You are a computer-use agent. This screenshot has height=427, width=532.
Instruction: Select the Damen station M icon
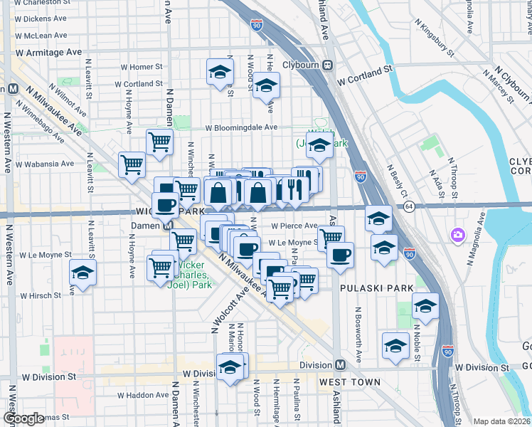[169, 226]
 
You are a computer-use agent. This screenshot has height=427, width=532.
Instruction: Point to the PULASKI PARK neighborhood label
[366, 288]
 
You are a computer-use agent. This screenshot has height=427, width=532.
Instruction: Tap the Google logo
[23, 418]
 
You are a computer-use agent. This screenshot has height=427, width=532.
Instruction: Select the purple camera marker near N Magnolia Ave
[457, 234]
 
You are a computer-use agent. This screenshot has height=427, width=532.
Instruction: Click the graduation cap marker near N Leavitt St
[83, 273]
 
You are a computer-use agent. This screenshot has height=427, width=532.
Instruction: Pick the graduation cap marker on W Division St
[230, 367]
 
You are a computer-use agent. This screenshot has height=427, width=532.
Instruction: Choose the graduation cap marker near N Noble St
[425, 305]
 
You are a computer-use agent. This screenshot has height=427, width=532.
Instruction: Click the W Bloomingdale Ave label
[241, 127]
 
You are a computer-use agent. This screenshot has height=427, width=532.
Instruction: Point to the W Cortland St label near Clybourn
[366, 80]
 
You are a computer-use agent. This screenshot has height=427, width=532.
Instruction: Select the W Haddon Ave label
[143, 395]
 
